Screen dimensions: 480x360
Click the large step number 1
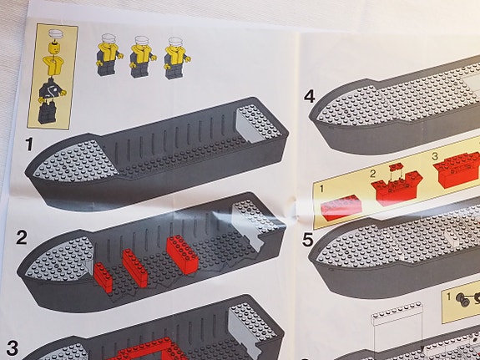point(29,144)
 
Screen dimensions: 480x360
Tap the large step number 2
point(22,237)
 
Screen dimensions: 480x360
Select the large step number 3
point(13,348)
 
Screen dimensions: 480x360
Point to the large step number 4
point(309,96)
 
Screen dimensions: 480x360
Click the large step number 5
point(308,240)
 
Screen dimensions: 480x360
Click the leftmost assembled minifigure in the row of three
point(109,54)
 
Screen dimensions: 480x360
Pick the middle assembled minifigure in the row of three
point(142,57)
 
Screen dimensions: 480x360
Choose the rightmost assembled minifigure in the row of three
point(176,58)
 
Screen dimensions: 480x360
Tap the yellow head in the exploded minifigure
point(55,48)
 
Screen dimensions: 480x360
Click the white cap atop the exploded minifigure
point(56,33)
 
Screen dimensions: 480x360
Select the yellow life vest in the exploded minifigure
point(53,65)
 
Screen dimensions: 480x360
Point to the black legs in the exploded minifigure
point(48,113)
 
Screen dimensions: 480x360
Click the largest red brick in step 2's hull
point(183,254)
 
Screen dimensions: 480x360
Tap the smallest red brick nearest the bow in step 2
point(104,277)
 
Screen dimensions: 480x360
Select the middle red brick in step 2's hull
point(135,268)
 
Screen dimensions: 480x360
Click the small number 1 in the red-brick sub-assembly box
point(321,189)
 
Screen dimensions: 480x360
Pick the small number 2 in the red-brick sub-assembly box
point(372,174)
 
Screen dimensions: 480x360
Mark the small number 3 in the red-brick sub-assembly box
point(435,156)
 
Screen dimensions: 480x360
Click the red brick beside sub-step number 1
point(341,208)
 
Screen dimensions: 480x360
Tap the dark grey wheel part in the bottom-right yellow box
point(462,300)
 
